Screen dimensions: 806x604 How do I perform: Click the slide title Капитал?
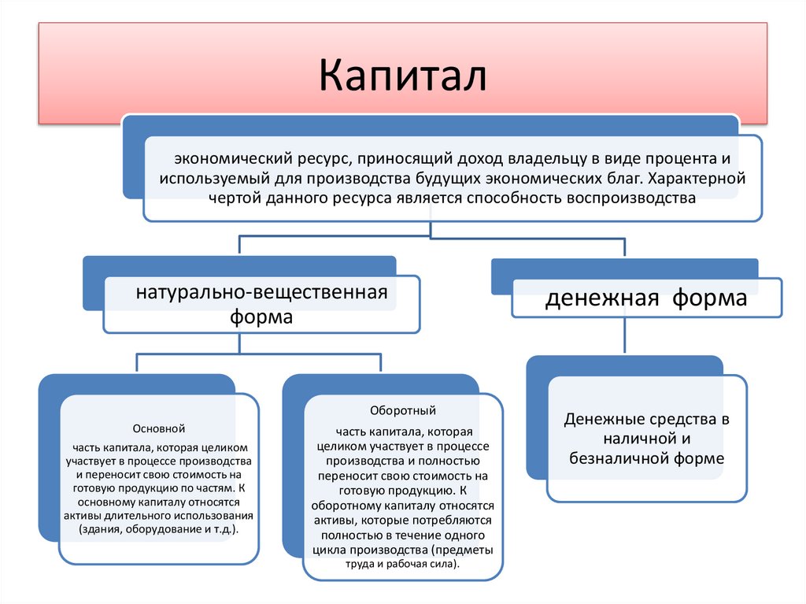(402, 76)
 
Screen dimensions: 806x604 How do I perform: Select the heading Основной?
(159, 429)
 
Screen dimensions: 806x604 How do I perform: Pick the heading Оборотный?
(402, 411)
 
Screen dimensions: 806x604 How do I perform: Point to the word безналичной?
(617, 457)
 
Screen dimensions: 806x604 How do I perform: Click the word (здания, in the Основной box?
(100, 530)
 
